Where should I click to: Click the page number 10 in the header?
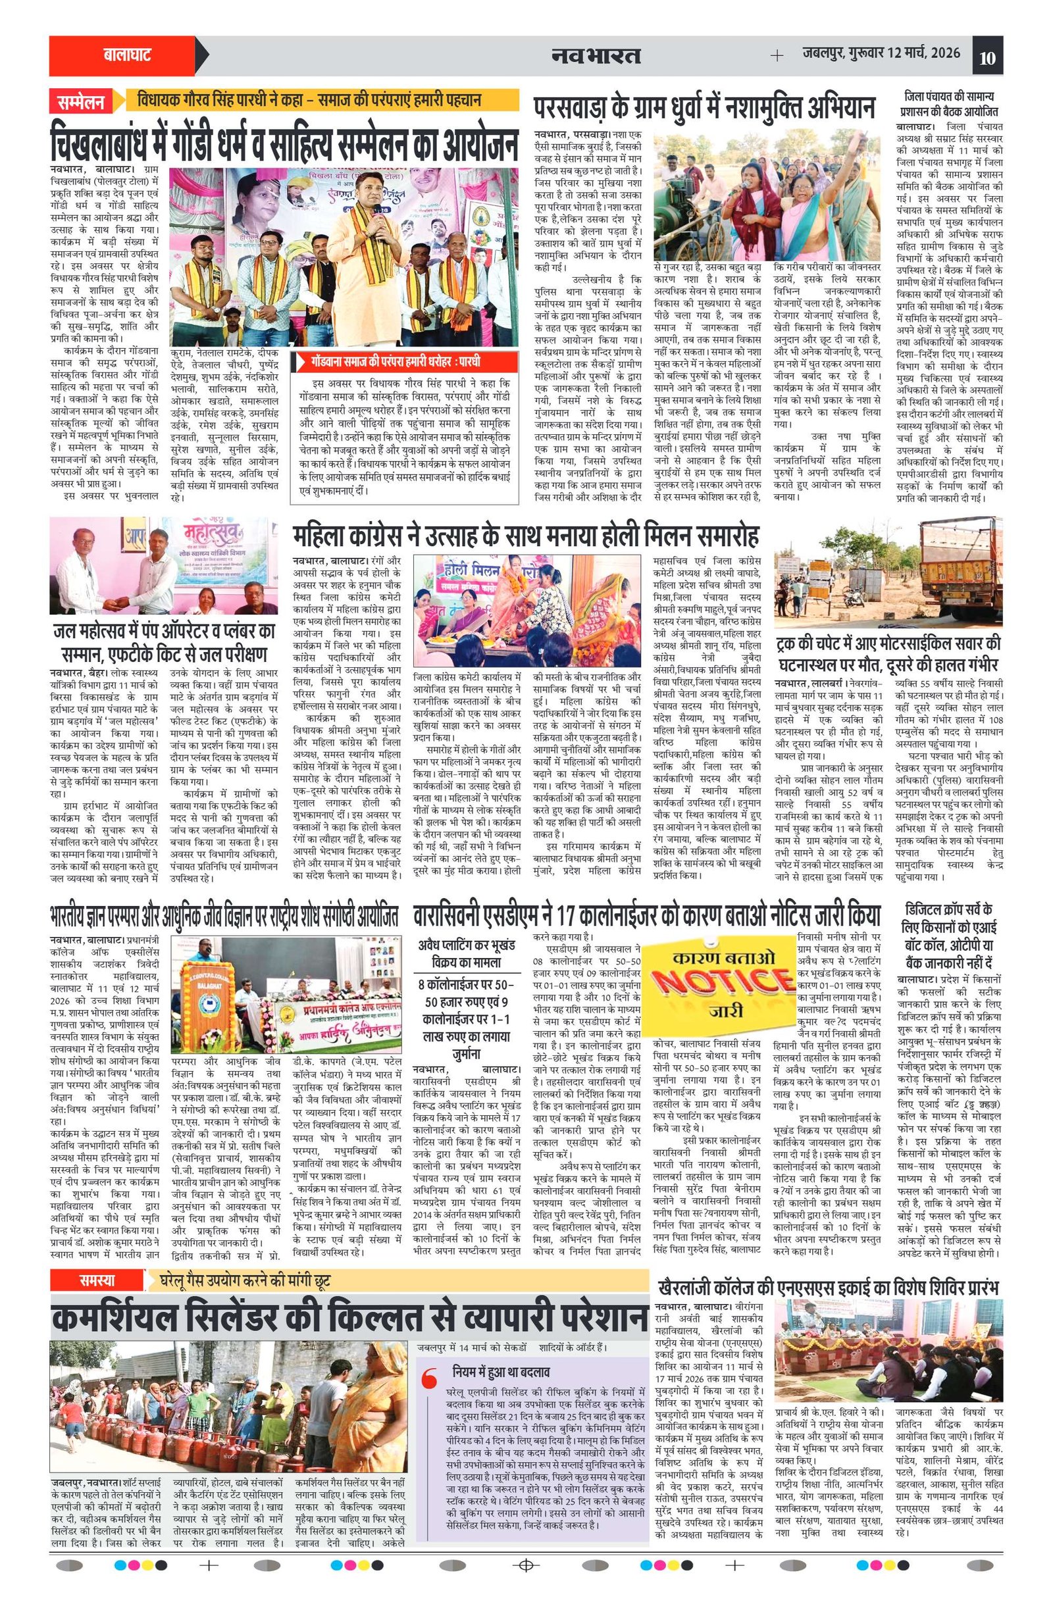point(987,57)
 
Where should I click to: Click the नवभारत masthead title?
point(596,55)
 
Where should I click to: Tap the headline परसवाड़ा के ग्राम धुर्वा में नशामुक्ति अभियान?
point(704,109)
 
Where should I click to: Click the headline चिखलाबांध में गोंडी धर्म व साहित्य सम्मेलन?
point(284,141)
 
